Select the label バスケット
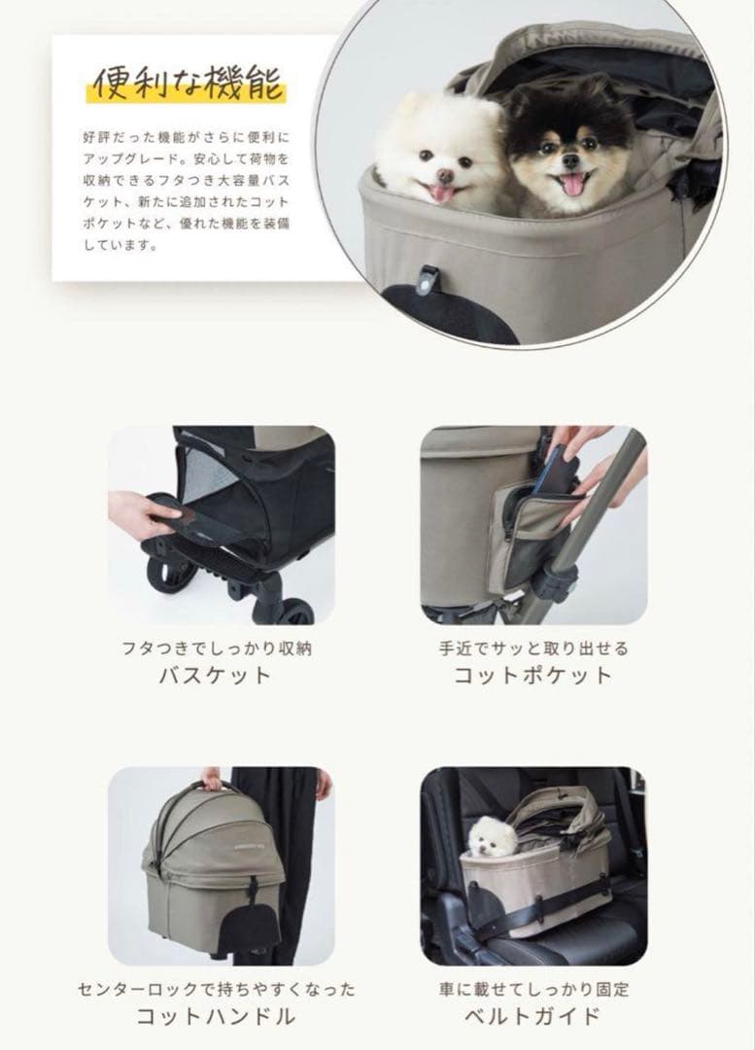pos(215,676)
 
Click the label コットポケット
pos(533,676)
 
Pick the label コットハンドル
pos(215,1017)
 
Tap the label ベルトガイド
pos(533,1017)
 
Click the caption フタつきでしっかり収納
pos(215,647)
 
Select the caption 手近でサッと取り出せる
pos(533,647)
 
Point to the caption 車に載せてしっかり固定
pos(533,989)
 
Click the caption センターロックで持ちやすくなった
pos(216,989)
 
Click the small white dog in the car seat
pos(491,836)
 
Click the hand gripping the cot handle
pos(211,778)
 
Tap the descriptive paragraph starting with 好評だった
pos(187,191)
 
